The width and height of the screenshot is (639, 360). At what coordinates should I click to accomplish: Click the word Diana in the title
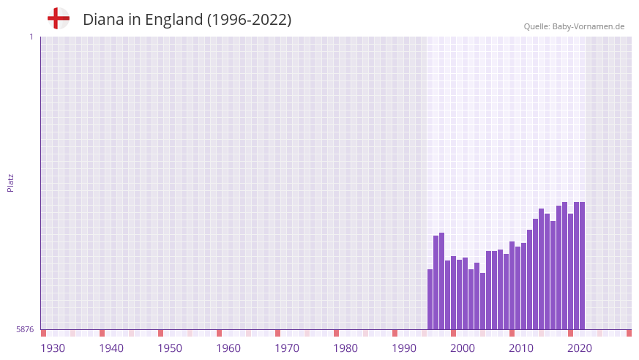coord(101,20)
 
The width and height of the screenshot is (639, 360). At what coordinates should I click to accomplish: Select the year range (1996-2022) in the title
coord(249,20)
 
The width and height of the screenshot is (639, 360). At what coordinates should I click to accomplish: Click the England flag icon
coord(59,18)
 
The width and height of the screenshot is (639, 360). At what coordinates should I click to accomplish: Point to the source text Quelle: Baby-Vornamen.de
coord(574,26)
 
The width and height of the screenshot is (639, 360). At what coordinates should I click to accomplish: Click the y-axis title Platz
coord(10,183)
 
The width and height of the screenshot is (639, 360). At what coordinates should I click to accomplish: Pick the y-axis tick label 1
coord(31,37)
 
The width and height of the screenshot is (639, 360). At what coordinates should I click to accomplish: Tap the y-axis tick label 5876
coord(24,330)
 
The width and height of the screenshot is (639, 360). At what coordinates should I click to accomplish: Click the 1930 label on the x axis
coord(53,348)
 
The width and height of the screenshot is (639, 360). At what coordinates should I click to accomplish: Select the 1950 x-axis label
coord(170,348)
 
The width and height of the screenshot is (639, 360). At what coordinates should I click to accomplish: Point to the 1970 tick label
coord(287,348)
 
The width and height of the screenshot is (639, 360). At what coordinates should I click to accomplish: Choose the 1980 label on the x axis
coord(345,348)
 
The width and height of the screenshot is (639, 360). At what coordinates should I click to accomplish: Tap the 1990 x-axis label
coord(404,348)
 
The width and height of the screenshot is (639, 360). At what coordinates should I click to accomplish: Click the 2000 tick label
coord(463,348)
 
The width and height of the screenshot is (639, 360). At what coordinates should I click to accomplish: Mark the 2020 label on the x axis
coord(580,348)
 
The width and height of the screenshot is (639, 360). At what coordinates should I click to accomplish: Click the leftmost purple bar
coord(430,299)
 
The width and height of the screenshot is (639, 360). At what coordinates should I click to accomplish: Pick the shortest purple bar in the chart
coord(483,301)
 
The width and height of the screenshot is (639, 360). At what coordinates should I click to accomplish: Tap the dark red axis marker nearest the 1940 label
coord(102,333)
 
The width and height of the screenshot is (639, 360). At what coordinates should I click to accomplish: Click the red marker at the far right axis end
coord(629,333)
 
